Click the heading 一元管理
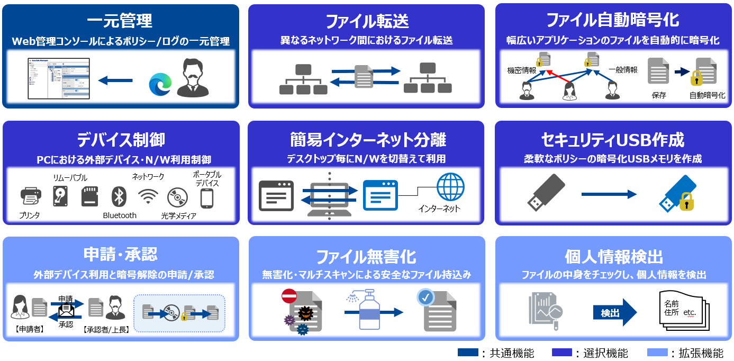pos(120,21)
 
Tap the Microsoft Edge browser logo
pos(160,84)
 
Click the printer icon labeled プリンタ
pos(31,197)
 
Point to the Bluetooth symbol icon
pos(119,197)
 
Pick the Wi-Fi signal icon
pos(148,197)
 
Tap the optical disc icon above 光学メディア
pos(177,197)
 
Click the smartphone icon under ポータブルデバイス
pos(206,198)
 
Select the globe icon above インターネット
pos(450,187)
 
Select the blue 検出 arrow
pos(614,312)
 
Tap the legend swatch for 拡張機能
pos(657,353)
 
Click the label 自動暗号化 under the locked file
pos(707,95)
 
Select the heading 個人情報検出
pos(614,257)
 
